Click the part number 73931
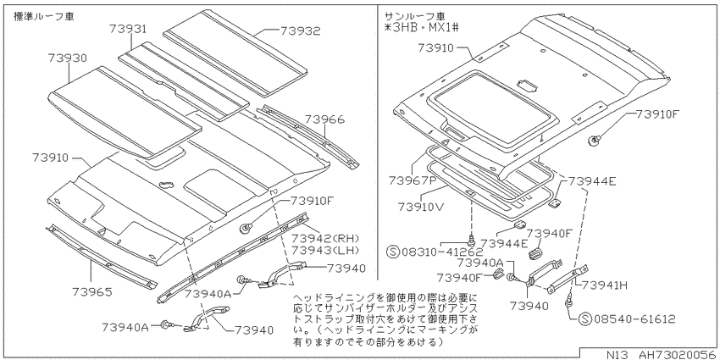coord(128,30)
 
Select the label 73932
coord(301,30)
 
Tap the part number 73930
coord(67,58)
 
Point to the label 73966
coord(324,119)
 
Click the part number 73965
coord(91,291)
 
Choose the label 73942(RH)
coord(324,239)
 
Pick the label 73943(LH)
coord(324,250)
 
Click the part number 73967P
coord(412,180)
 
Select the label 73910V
coord(421,206)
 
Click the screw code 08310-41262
coord(442,252)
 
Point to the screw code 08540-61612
coord(634,318)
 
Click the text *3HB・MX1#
coord(422,28)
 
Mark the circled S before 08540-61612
coord(585,318)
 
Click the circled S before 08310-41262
coord(394,252)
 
